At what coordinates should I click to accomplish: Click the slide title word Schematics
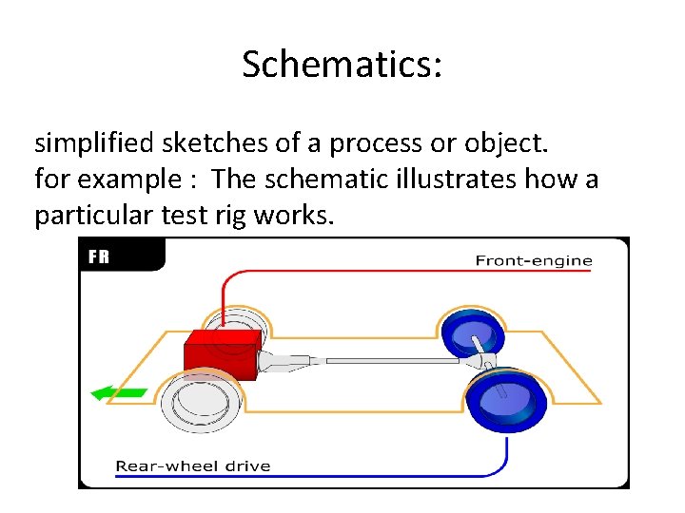point(342,66)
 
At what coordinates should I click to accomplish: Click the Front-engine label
point(533,260)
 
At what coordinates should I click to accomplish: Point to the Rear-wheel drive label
point(193,465)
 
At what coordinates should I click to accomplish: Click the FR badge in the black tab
point(99,256)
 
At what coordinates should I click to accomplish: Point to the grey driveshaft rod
point(390,361)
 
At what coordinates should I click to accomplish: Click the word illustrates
point(455,180)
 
